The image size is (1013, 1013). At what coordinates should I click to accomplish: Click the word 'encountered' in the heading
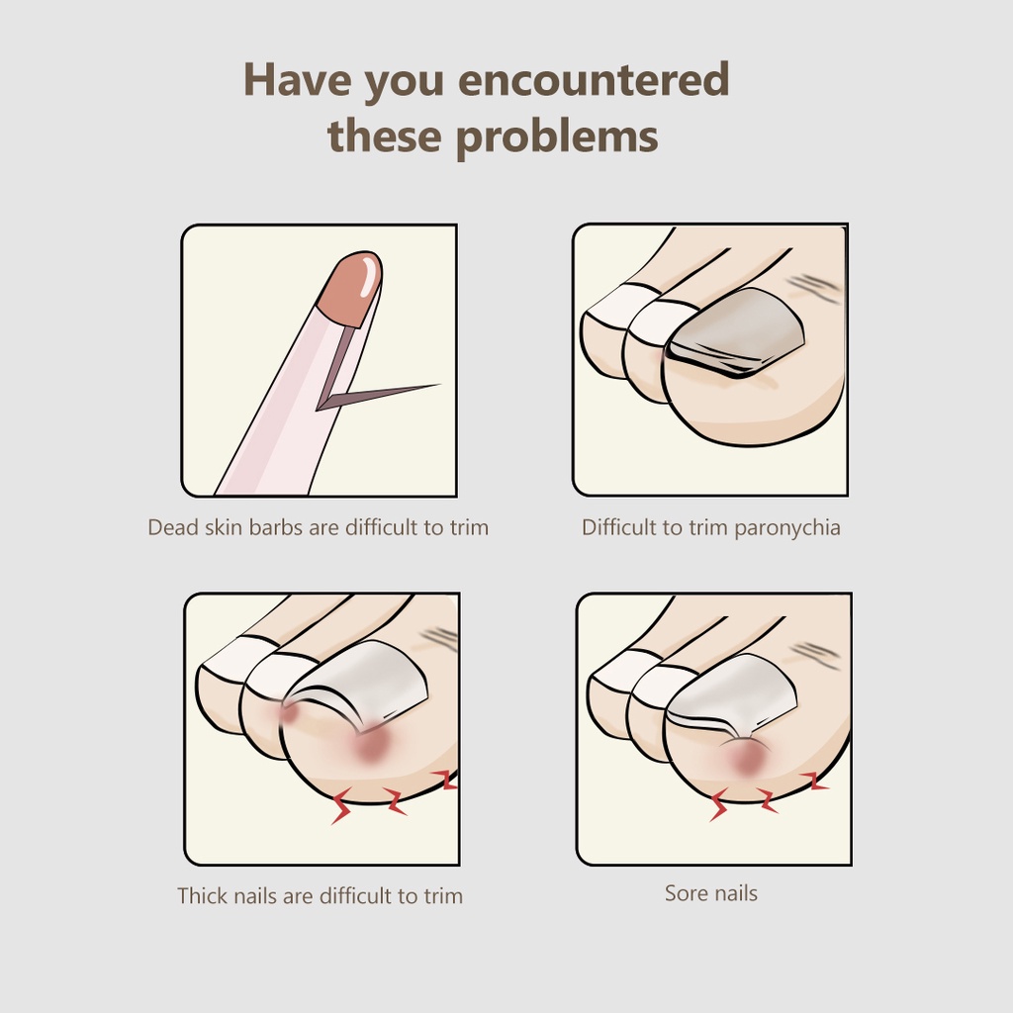point(594,79)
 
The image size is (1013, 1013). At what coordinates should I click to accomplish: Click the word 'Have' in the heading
point(298,79)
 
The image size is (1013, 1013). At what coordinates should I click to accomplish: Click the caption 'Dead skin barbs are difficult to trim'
point(318,527)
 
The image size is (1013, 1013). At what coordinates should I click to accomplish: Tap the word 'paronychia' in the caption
point(787,528)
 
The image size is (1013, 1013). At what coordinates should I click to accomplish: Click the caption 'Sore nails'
point(710,893)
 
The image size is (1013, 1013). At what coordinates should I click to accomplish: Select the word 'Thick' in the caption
point(202,895)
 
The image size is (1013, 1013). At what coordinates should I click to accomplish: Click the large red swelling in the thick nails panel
point(371,748)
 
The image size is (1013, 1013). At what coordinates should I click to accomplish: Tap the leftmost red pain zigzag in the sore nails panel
point(719,804)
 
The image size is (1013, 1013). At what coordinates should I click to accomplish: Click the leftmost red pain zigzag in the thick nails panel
point(341,805)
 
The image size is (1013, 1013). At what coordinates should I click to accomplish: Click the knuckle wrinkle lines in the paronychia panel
point(815,289)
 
